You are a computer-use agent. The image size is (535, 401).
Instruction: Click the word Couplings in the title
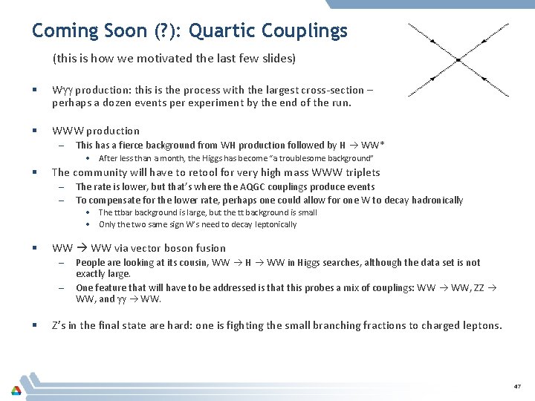click(x=306, y=31)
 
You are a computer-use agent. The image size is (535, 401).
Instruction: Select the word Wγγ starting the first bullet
click(x=62, y=91)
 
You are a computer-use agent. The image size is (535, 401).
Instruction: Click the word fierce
click(x=129, y=145)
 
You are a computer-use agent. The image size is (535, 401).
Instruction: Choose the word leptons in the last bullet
click(x=481, y=325)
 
